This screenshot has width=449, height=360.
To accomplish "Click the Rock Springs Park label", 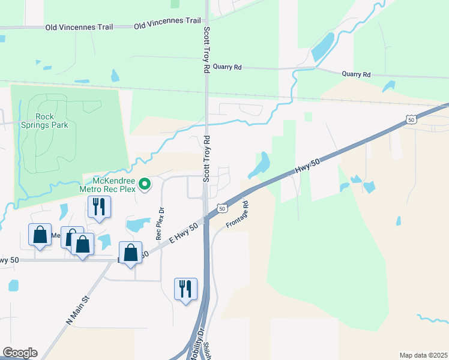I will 52,121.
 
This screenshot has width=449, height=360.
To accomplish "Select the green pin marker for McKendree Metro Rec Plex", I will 144,184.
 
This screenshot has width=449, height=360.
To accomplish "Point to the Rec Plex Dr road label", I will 160,224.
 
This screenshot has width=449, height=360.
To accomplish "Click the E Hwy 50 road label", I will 184,233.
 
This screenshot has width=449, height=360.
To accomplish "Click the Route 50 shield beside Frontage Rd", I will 222,209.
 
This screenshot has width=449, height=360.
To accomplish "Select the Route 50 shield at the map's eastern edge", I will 411,120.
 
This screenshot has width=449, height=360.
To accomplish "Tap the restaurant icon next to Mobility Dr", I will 184,289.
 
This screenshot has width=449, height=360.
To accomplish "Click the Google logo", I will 20,353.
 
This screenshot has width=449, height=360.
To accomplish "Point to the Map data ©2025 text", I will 423,355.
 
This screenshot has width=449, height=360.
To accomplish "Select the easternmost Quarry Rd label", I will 357,74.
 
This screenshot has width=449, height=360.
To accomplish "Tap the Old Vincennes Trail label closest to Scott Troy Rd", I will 167,21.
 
